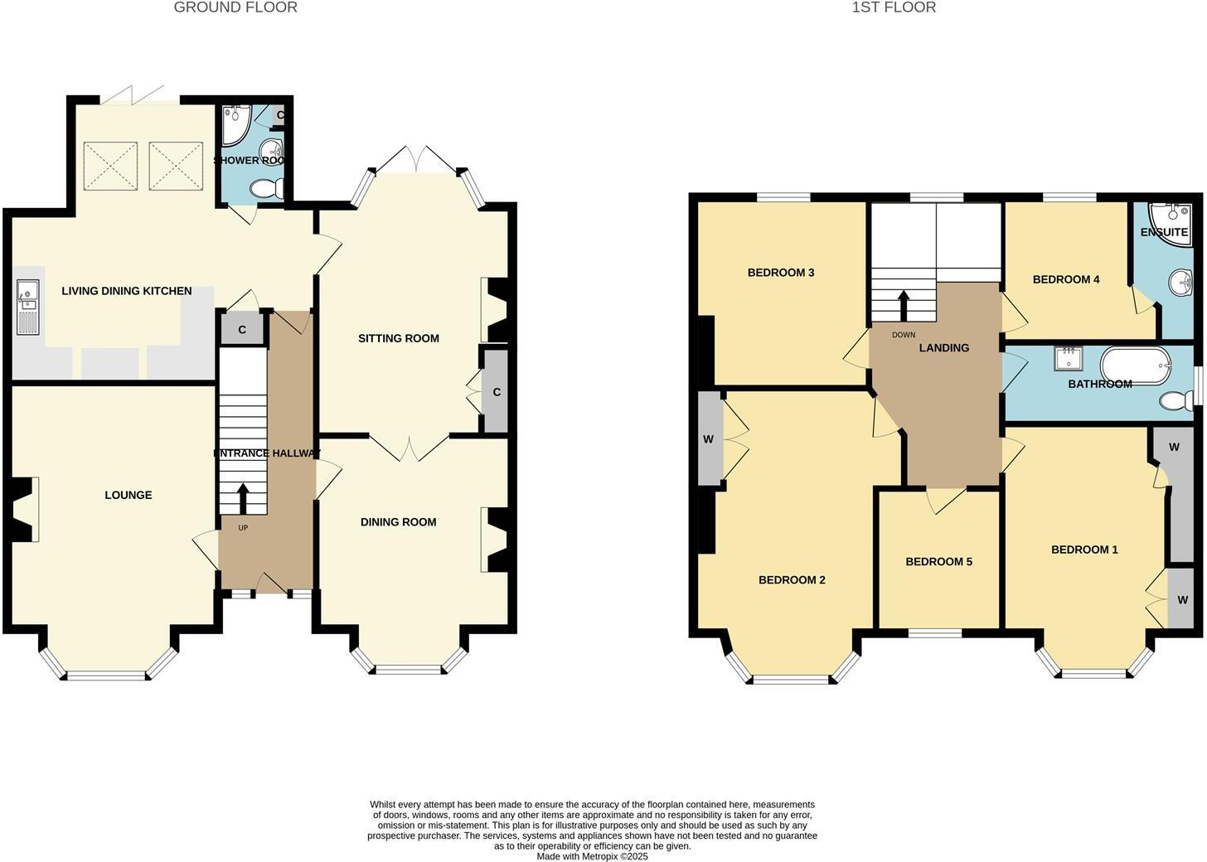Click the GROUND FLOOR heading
pyautogui.click(x=235, y=7)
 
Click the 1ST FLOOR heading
pyautogui.click(x=894, y=7)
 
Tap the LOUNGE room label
pyautogui.click(x=128, y=495)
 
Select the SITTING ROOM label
pyautogui.click(x=399, y=338)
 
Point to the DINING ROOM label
pyautogui.click(x=399, y=522)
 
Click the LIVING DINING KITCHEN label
pyautogui.click(x=127, y=291)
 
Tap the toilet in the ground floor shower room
pyautogui.click(x=266, y=189)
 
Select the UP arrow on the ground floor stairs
pyautogui.click(x=243, y=498)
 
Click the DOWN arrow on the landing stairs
pyautogui.click(x=904, y=306)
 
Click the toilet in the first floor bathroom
pyautogui.click(x=1175, y=401)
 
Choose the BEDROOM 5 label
pyautogui.click(x=938, y=562)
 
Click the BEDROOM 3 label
pyautogui.click(x=781, y=273)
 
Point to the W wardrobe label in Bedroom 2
pyautogui.click(x=709, y=439)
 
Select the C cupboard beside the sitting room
pyautogui.click(x=497, y=392)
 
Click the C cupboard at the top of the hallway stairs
pyautogui.click(x=242, y=330)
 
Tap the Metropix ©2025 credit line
pyautogui.click(x=592, y=857)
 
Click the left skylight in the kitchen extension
pyautogui.click(x=110, y=165)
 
